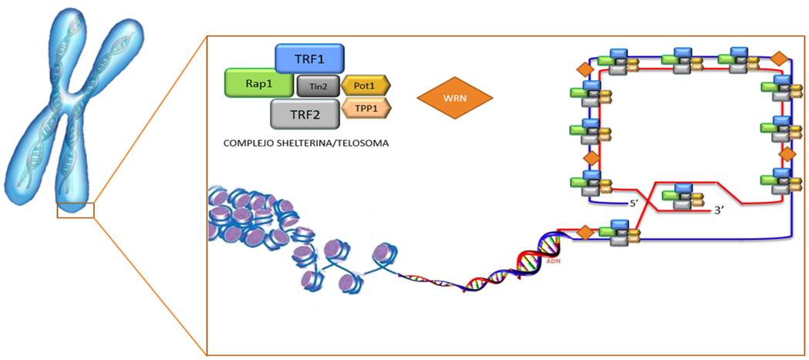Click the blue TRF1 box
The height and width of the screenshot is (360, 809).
[x=309, y=59]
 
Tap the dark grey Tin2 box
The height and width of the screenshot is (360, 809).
[x=317, y=87]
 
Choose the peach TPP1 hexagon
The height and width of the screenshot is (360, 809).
[x=366, y=109]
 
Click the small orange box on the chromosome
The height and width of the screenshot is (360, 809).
[x=75, y=210]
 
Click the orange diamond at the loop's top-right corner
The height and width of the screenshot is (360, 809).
[x=780, y=59]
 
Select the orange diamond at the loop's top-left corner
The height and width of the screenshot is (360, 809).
[x=585, y=69]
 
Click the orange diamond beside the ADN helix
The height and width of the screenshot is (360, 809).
[x=585, y=231]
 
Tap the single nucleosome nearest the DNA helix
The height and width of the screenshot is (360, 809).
[x=383, y=254]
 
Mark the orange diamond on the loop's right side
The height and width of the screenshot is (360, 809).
[x=787, y=154]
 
